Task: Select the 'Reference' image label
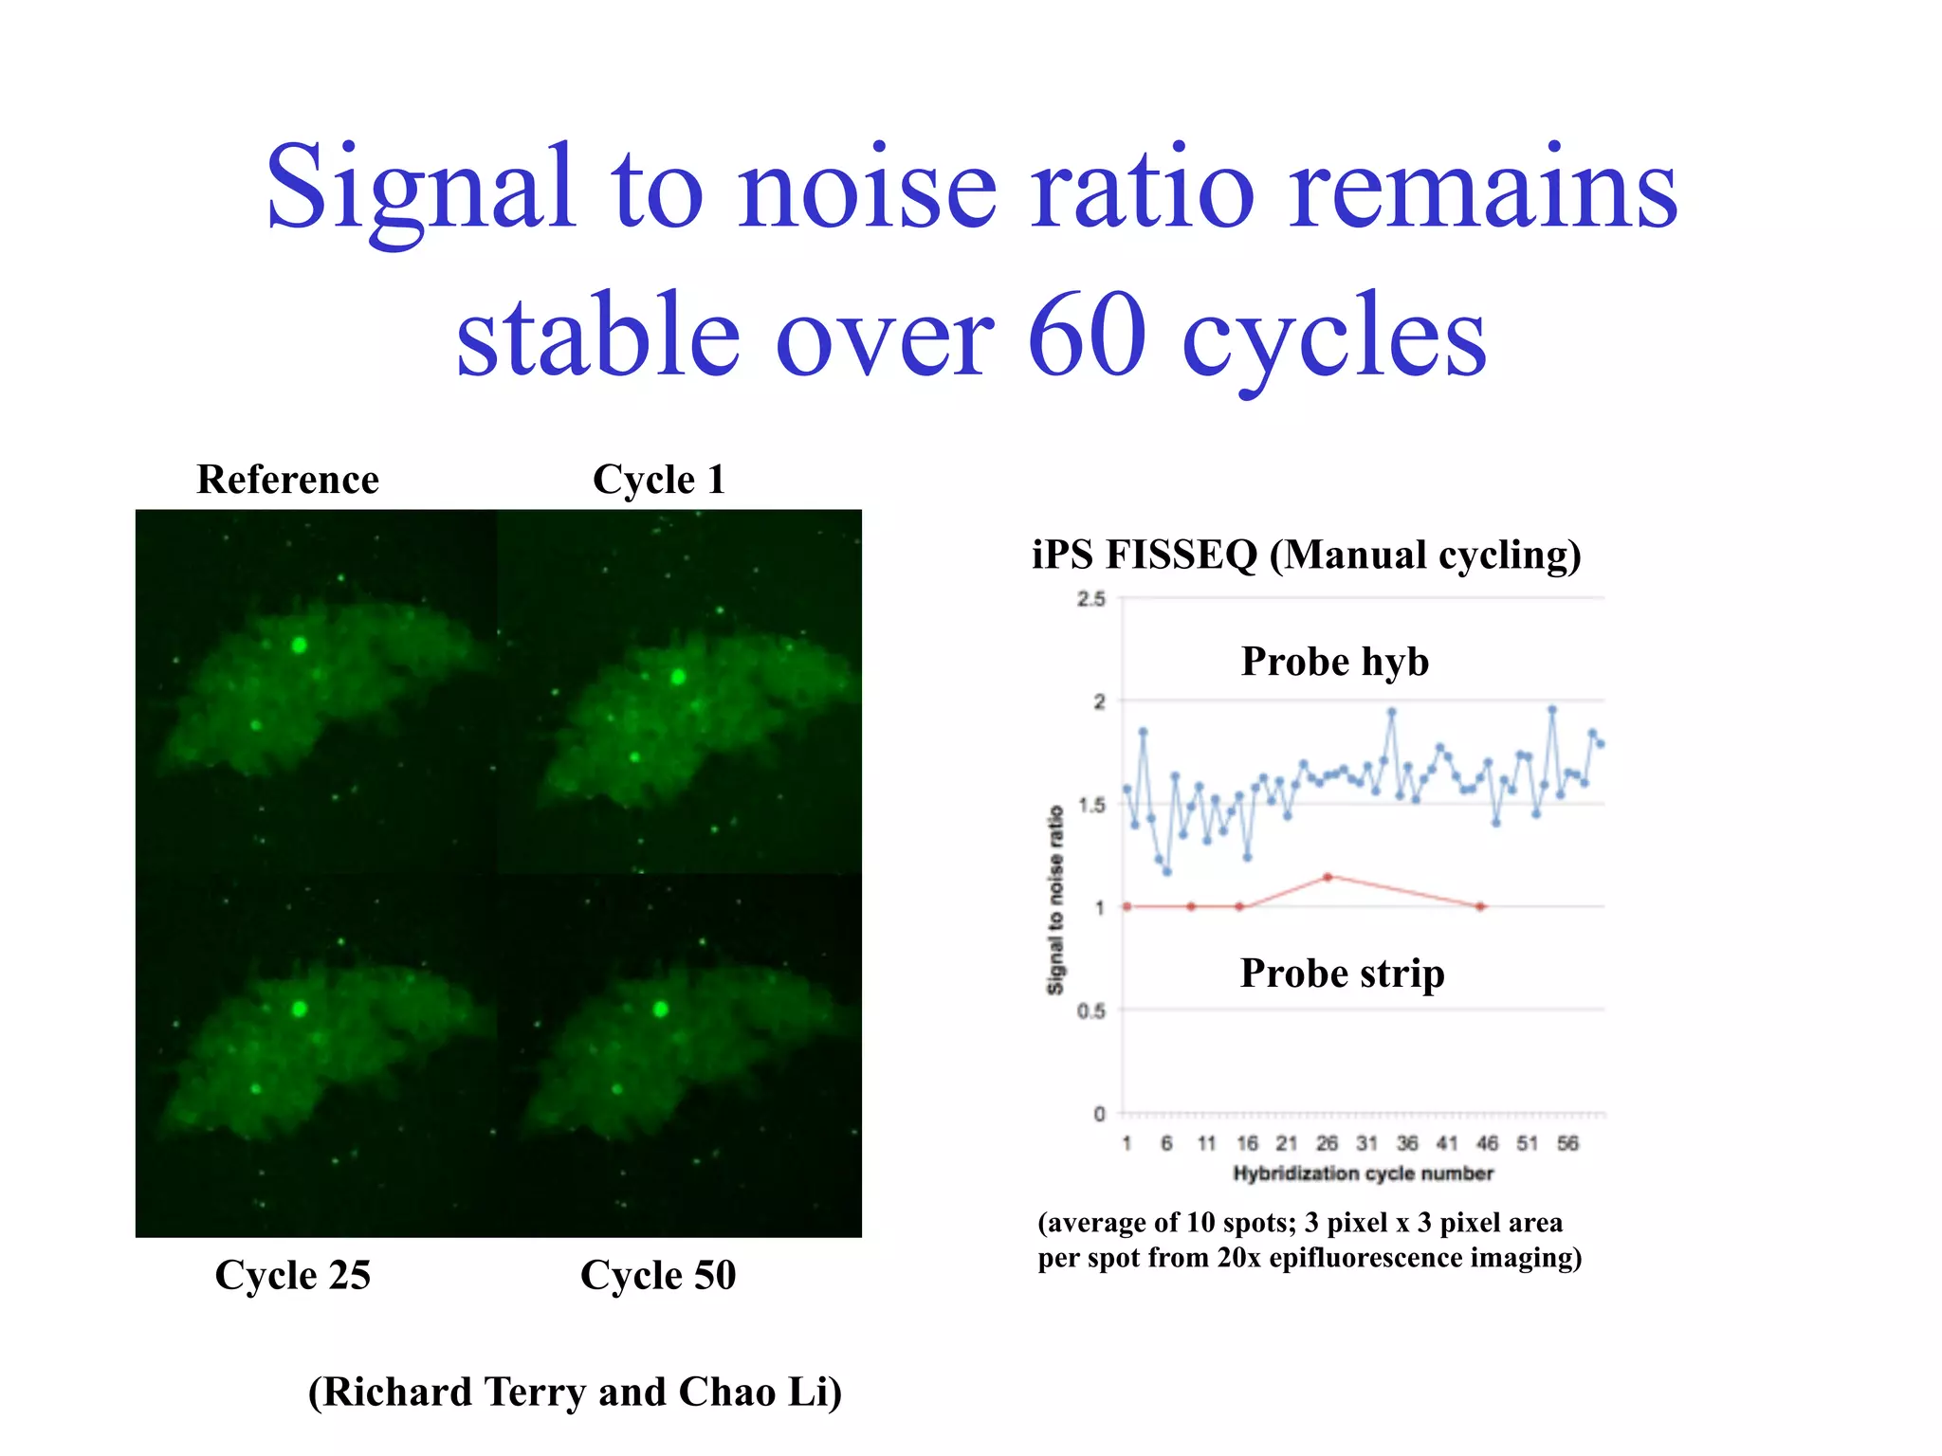pos(287,480)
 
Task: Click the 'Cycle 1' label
pos(658,480)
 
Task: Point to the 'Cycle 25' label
pos(292,1275)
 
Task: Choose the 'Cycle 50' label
pos(657,1275)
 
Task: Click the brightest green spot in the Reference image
pos(300,646)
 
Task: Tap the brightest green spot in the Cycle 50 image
pos(661,1009)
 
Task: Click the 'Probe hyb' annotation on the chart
pos(1334,662)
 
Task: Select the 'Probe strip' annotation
pos(1342,974)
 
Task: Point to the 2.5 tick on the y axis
pos(1091,599)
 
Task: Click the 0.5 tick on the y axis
pos(1091,1011)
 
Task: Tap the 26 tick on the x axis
pos(1327,1143)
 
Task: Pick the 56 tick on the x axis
pos(1567,1143)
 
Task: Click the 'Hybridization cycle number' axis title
pos(1363,1174)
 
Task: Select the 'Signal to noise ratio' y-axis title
pos(1054,901)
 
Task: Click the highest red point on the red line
pos(1328,878)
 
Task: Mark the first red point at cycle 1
pos(1127,907)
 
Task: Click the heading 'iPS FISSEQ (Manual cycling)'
pos(1306,555)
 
